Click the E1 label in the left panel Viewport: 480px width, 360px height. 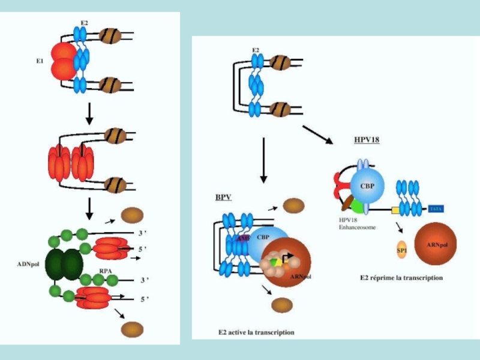(40, 60)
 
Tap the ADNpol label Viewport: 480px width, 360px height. (29, 263)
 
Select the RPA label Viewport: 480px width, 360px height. (106, 271)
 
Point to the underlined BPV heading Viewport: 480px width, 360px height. (223, 197)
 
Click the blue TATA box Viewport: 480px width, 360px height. (436, 209)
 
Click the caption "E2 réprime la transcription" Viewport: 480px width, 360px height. (401, 278)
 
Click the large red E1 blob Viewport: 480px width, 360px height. (63, 61)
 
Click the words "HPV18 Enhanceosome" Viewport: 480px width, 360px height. (355, 224)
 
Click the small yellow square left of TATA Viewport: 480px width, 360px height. (395, 209)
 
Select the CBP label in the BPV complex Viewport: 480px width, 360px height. (263, 238)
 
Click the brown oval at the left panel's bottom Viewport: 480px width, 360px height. (133, 328)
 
